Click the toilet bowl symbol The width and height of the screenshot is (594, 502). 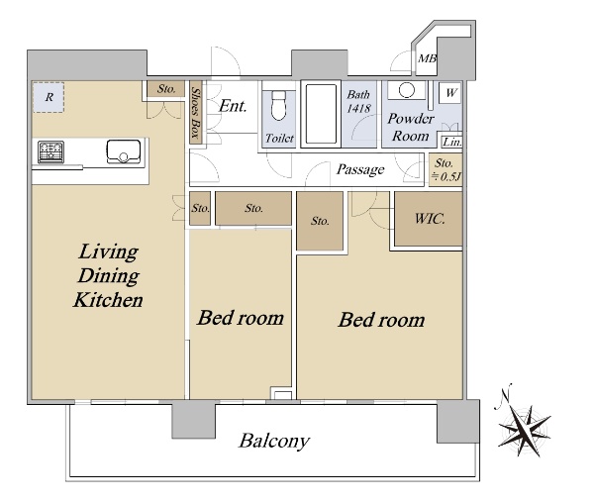[278, 105]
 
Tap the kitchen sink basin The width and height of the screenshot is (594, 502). [124, 151]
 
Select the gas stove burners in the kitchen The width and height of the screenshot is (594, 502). [50, 151]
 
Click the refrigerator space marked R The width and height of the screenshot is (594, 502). [49, 97]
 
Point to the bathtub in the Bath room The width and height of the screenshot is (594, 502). [321, 114]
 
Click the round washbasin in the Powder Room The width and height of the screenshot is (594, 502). [407, 90]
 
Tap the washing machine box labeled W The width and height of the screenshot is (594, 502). [450, 93]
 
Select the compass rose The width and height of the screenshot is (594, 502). [524, 428]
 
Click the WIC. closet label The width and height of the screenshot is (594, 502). [430, 218]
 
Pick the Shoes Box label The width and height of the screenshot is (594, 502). [195, 112]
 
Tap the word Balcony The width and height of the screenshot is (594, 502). [274, 441]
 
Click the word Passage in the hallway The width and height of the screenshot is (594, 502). [360, 169]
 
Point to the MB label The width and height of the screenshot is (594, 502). [427, 58]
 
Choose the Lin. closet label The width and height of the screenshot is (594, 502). [452, 142]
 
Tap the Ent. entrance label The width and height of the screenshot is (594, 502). [233, 106]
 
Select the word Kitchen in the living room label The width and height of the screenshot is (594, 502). [108, 300]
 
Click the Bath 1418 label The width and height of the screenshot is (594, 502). [358, 101]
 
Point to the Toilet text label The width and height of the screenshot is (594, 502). [279, 138]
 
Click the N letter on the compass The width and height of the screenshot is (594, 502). [505, 394]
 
